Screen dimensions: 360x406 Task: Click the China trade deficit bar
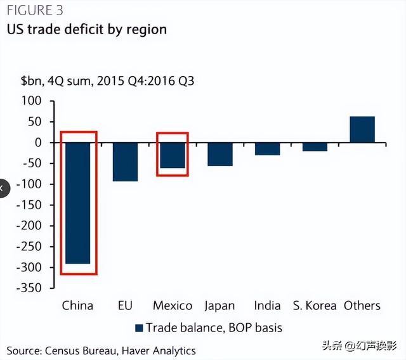[x=77, y=203]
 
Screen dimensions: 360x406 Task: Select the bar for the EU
[x=125, y=162]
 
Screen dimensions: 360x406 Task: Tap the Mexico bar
[x=172, y=155]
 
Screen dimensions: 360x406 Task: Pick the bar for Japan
[x=220, y=154]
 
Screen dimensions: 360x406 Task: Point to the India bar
[x=267, y=149]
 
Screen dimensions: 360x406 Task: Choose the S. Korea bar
[x=315, y=147]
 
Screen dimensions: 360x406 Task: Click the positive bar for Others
[x=362, y=129]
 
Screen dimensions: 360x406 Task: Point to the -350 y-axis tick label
[x=27, y=288]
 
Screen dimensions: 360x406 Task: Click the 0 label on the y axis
[x=37, y=143]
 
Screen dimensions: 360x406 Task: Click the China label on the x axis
[x=77, y=305]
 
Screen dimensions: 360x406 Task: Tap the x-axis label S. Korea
[x=315, y=305]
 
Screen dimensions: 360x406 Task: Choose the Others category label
[x=362, y=305]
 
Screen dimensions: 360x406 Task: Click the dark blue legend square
[x=138, y=328]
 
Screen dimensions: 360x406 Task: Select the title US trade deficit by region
[x=86, y=29]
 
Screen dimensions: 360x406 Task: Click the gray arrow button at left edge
[x=4, y=188]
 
